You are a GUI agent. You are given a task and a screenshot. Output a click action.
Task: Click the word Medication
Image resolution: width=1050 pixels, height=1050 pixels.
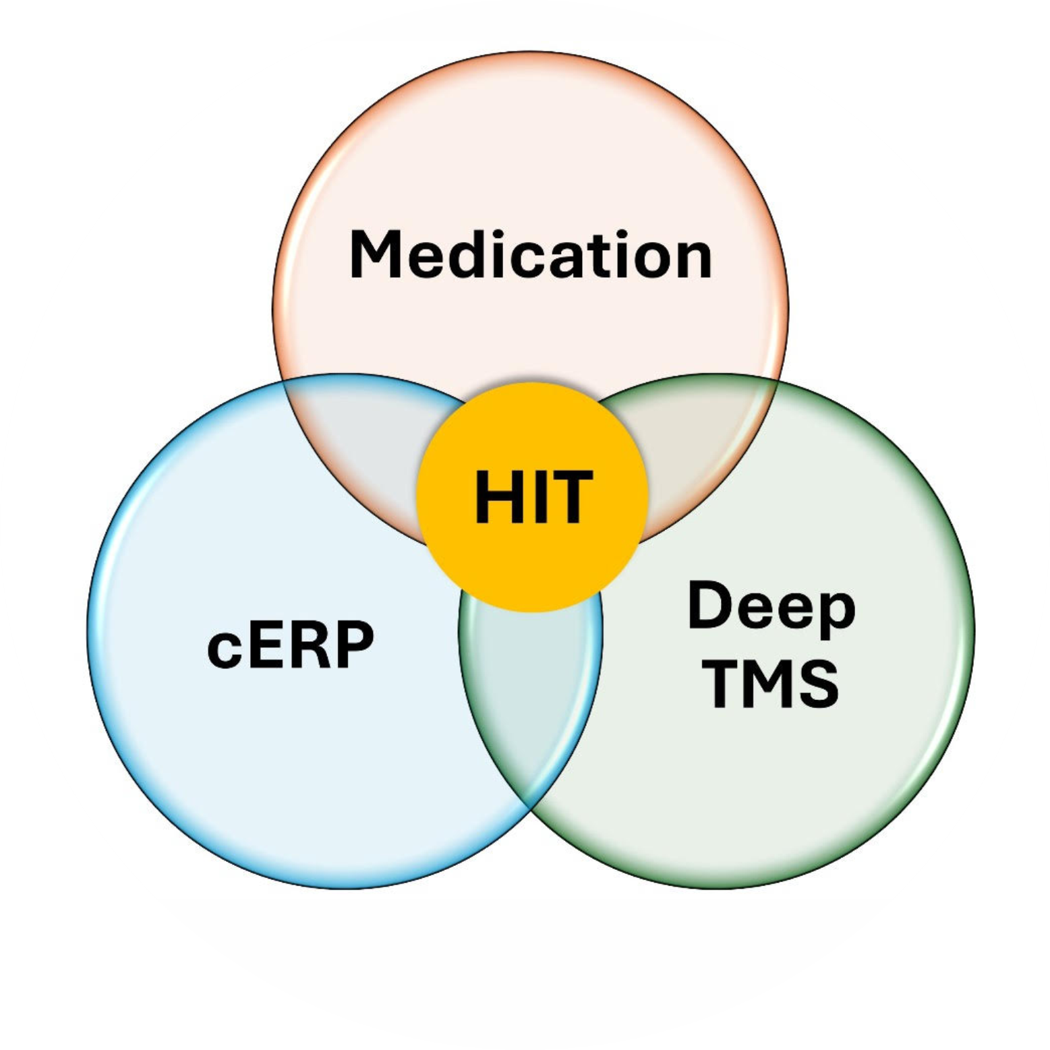(531, 254)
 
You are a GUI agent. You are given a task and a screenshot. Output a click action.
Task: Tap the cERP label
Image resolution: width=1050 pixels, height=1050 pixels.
(290, 645)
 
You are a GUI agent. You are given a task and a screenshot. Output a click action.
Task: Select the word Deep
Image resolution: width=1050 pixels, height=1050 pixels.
(771, 608)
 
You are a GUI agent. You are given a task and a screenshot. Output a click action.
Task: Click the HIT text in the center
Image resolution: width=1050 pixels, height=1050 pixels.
(533, 497)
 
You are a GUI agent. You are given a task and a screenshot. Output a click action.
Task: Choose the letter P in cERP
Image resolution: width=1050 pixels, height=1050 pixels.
(352, 645)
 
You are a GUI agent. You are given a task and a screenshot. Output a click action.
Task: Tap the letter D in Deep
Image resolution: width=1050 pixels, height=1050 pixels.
(710, 605)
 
